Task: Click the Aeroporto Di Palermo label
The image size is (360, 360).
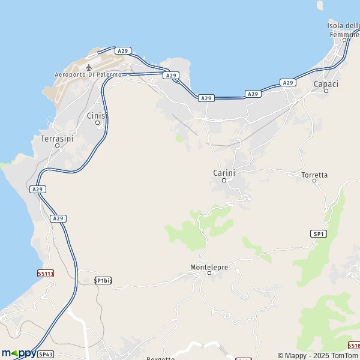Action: (88, 74)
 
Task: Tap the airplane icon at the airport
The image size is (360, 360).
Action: (89, 67)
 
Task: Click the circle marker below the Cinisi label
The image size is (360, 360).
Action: (98, 123)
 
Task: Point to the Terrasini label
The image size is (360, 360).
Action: (57, 138)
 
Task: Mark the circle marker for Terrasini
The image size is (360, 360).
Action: (58, 145)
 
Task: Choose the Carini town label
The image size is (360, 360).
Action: (224, 173)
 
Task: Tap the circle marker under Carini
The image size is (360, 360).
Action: (224, 180)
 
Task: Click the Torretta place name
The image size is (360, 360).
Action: (315, 175)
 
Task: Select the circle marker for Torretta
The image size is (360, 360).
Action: (314, 181)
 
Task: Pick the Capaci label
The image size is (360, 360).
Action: (326, 84)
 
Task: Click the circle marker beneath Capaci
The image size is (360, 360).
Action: (326, 91)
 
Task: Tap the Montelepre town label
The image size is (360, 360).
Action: (209, 266)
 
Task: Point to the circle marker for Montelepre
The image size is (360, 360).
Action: (209, 274)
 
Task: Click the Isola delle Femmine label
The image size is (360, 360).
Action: (344, 29)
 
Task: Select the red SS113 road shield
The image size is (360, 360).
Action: (46, 273)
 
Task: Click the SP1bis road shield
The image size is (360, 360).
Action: (103, 280)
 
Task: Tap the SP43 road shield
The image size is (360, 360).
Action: (46, 355)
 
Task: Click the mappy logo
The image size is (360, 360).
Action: (18, 353)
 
